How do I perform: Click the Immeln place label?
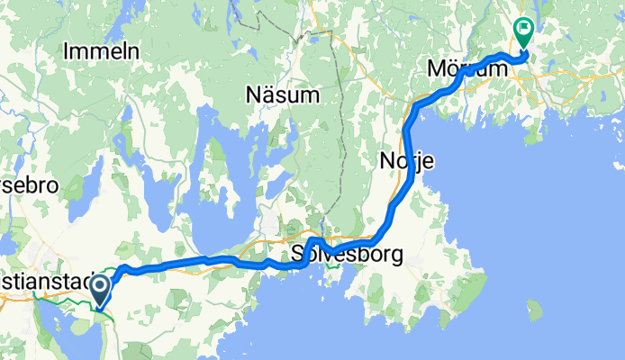click(101, 52)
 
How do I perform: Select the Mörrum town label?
click(463, 68)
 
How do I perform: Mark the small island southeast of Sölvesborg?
click(534, 311)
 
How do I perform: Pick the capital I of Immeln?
click(67, 52)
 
